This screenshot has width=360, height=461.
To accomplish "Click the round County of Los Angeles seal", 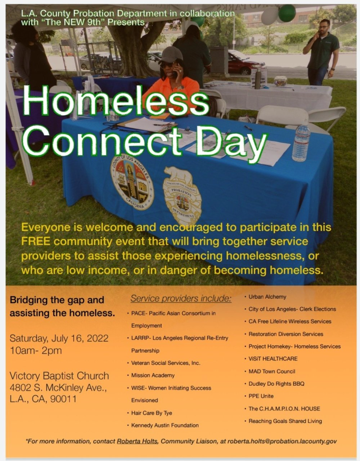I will [132, 182].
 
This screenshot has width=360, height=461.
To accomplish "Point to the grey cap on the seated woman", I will [171, 55].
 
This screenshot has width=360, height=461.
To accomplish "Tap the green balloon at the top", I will [287, 13].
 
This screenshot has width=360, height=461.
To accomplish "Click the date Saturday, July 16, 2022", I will [59, 338].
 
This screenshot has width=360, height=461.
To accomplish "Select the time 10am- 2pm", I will [36, 351].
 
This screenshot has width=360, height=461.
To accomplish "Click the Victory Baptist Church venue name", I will [59, 376].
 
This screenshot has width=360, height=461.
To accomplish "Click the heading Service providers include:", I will [181, 299].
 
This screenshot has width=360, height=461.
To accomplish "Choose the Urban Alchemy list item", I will [267, 297].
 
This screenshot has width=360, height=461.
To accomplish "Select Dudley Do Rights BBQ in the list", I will [276, 384].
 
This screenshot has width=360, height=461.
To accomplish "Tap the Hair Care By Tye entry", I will [151, 413].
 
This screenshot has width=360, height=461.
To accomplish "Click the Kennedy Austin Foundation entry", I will [165, 425].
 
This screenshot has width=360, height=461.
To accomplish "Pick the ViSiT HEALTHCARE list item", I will [273, 359].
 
